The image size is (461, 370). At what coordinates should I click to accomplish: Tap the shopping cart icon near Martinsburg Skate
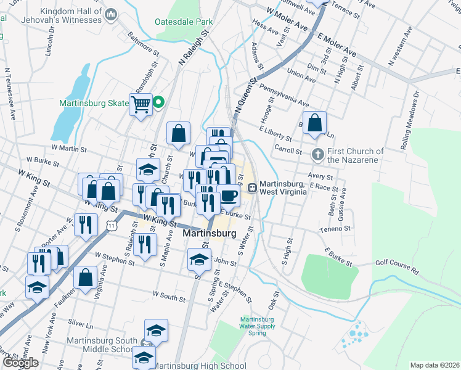point(140,104)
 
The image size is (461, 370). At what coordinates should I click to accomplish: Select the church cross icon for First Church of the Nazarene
point(317,154)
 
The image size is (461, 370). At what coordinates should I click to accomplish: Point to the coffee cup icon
point(229,195)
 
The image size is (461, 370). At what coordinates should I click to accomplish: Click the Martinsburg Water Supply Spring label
point(253,326)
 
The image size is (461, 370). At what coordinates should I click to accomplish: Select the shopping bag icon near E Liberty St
point(314,121)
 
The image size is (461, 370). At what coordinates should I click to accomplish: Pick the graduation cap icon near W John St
point(198,259)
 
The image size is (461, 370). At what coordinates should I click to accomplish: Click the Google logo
point(20,363)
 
